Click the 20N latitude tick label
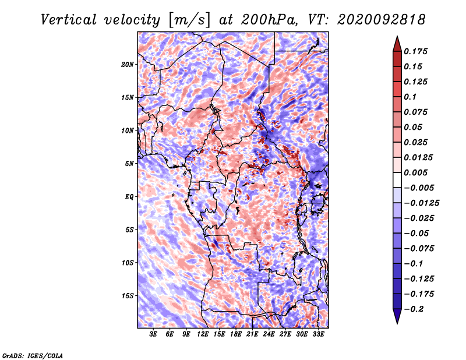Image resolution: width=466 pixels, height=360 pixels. tap(128, 65)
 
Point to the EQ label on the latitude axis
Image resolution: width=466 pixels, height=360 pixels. tap(129, 197)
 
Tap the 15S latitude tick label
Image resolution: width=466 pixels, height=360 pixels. tap(128, 296)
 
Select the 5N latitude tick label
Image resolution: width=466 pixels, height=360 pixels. tap(129, 164)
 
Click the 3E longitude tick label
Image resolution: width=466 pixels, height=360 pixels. tap(153, 334)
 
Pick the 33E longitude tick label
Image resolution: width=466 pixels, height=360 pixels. tap(319, 334)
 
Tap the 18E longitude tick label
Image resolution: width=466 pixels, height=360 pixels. tap(236, 334)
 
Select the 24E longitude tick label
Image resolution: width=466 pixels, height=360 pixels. tap(269, 334)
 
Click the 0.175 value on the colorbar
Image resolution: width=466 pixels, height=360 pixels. tap(415, 51)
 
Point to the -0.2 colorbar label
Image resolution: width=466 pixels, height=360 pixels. tap(414, 309)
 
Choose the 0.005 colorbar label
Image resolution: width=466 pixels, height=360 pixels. tap(415, 172)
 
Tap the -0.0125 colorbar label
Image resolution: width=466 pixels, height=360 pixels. tap(421, 203)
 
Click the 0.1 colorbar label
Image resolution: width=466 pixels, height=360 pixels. tap(410, 97)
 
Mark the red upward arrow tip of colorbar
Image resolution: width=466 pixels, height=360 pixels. tap(397, 36)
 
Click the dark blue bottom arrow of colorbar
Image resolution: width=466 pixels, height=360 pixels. tap(397, 316)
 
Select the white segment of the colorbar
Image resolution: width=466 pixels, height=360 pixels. tap(397, 180)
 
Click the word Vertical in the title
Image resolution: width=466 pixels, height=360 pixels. tap(68, 20)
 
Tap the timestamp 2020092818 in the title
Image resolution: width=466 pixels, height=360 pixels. tap(382, 20)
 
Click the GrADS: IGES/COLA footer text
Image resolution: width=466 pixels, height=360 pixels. tap(33, 355)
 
